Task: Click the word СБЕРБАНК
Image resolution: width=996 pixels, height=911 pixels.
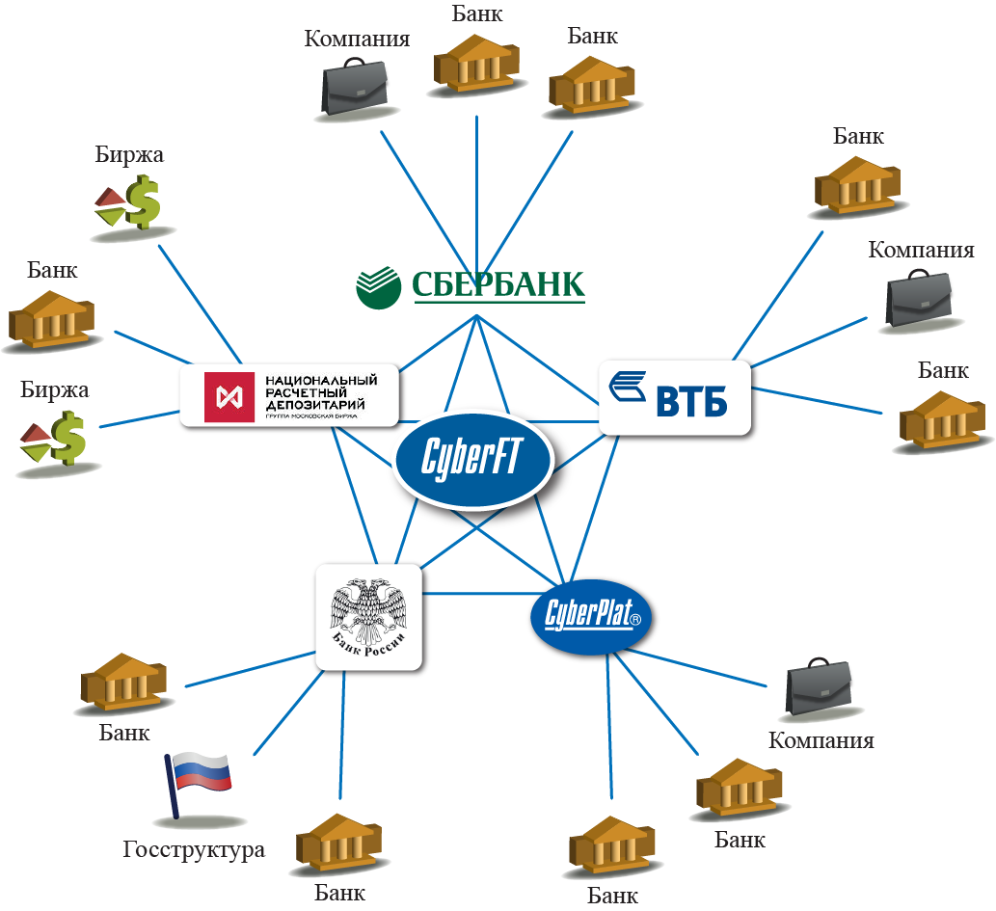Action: (x=498, y=284)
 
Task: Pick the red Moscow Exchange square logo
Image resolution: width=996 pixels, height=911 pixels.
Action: (x=230, y=396)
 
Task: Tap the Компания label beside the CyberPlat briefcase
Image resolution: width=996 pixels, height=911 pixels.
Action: (x=821, y=740)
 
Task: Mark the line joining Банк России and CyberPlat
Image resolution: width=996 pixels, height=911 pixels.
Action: (x=479, y=594)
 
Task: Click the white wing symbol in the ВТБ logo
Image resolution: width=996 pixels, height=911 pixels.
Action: (x=633, y=389)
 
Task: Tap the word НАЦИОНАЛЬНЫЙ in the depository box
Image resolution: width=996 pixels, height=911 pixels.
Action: (x=319, y=381)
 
